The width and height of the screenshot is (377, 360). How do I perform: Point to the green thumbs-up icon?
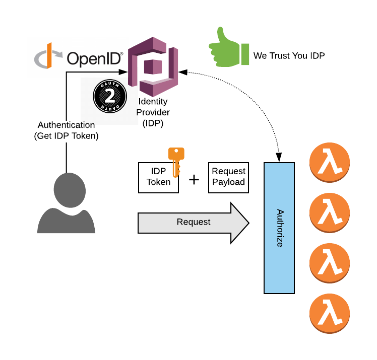tap(228, 48)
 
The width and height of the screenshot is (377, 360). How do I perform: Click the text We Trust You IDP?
tap(289, 55)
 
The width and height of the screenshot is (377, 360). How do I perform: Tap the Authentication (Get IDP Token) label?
tap(66, 130)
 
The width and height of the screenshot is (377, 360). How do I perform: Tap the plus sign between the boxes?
tap(194, 179)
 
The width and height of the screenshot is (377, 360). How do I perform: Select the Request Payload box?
tap(228, 177)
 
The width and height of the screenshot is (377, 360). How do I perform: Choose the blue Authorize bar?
tap(279, 228)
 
